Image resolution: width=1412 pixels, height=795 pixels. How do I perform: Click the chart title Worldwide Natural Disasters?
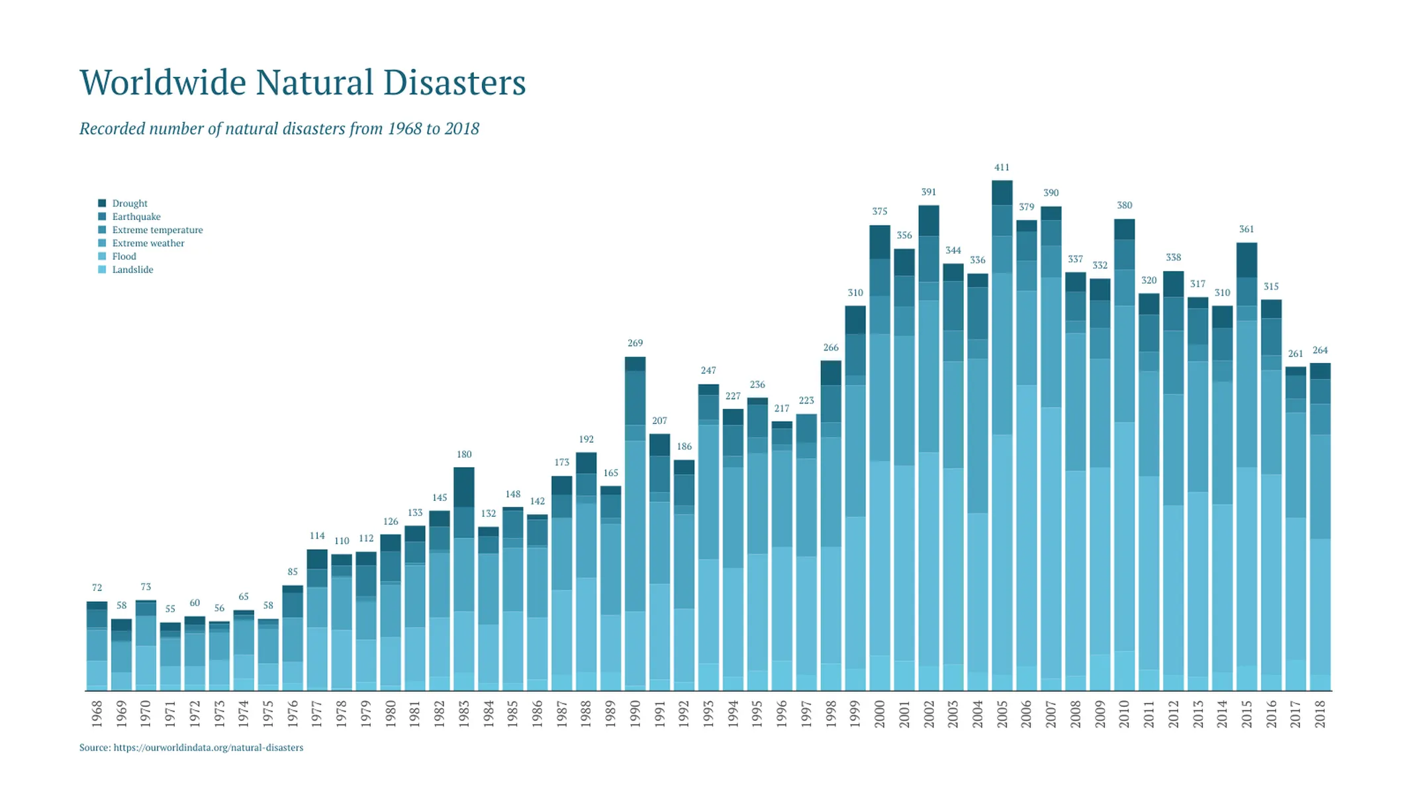[303, 83]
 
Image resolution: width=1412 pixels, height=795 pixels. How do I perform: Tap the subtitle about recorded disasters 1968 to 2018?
[279, 129]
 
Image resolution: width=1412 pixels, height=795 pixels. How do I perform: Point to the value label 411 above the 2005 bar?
[1002, 168]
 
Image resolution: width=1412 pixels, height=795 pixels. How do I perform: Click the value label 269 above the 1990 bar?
[635, 343]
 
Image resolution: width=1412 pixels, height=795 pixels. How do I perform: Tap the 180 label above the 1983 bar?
[464, 454]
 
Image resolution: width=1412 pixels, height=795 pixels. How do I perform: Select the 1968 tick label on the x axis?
[97, 714]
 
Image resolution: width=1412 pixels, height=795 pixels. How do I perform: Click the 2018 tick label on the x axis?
[1320, 714]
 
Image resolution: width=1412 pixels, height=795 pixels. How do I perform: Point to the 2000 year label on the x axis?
[880, 714]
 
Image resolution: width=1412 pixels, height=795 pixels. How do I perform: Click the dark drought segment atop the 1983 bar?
[464, 487]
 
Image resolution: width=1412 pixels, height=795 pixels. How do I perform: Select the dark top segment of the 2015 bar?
[1247, 260]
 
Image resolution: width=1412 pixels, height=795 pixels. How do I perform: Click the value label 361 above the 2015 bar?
[1247, 229]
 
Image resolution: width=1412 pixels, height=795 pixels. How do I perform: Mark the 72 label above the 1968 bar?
[97, 588]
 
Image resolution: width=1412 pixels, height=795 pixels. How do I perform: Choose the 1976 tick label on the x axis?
[293, 714]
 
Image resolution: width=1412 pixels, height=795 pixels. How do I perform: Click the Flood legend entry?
[124, 256]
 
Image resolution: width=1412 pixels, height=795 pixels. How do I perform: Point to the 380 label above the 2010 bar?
[1124, 205]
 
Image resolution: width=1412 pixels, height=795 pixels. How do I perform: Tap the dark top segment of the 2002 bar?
[929, 220]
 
